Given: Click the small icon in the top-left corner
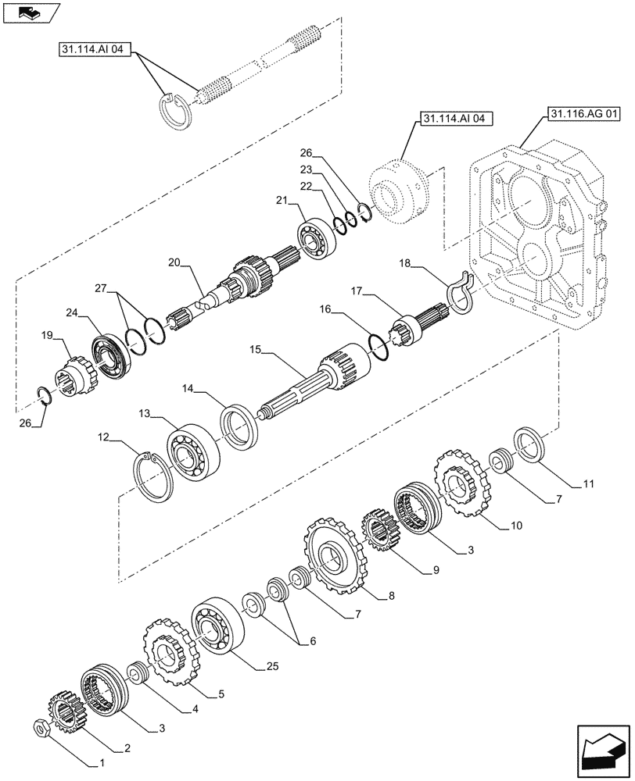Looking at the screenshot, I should click(29, 12).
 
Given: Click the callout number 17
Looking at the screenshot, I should click(357, 291).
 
